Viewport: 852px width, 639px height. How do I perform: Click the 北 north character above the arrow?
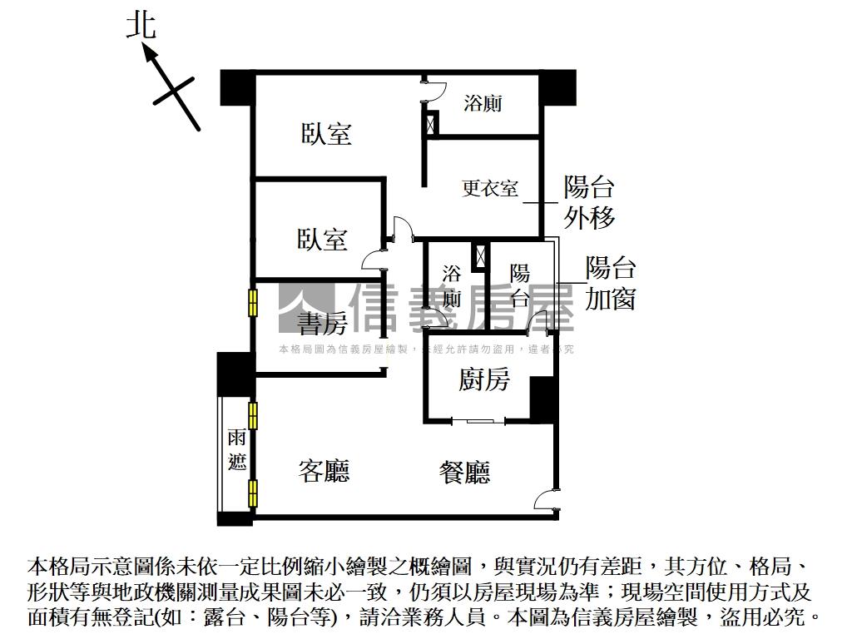[141, 26]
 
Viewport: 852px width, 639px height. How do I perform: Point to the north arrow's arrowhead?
[150, 54]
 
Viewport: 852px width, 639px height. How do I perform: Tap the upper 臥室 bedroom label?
[326, 134]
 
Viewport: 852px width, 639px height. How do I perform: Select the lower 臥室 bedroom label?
[322, 239]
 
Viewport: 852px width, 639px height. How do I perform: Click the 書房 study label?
[322, 324]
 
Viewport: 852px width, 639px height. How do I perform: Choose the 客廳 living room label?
[324, 471]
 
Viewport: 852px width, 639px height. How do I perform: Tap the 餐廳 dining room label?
[464, 473]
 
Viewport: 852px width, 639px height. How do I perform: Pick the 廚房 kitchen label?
[483, 379]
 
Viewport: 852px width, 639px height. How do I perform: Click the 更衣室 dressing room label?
[490, 189]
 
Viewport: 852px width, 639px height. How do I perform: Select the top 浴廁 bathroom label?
[483, 102]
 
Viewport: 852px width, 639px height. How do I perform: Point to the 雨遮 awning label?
[237, 450]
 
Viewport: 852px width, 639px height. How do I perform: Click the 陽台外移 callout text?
[589, 202]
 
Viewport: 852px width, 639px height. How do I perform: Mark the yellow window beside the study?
[253, 303]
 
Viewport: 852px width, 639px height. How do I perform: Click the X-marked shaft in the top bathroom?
[432, 123]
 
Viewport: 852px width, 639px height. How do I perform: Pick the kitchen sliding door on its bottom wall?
[478, 421]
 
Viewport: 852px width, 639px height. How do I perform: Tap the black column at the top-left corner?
[237, 88]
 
